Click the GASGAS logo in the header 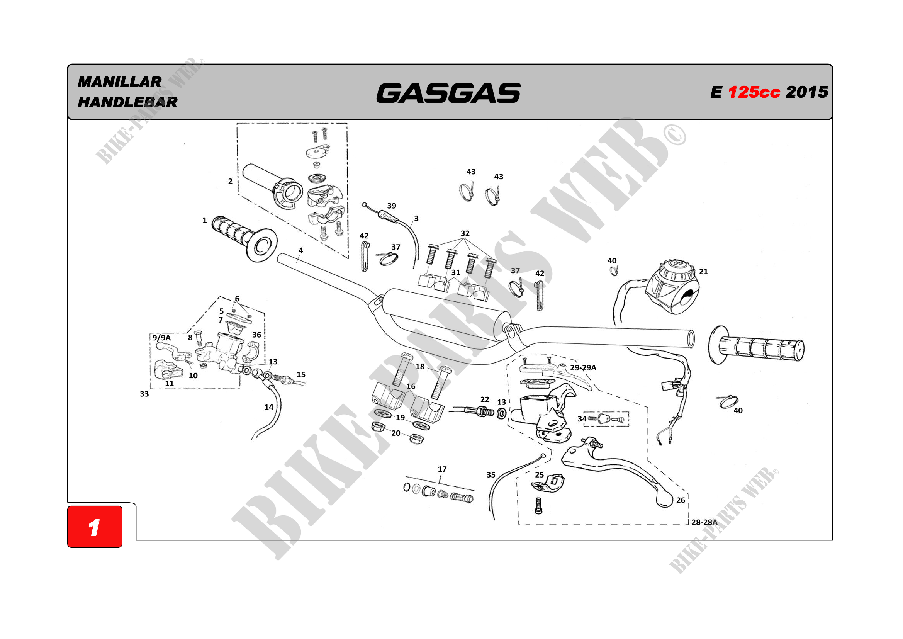[x=448, y=93]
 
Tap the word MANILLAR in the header [x=120, y=82]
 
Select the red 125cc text [x=754, y=92]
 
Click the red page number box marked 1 [x=95, y=527]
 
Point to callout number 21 [x=703, y=272]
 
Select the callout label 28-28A [x=704, y=522]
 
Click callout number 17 [x=442, y=469]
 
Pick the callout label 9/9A [x=162, y=338]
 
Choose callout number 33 [x=144, y=394]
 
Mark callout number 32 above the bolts [x=465, y=233]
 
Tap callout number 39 [x=391, y=206]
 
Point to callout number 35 [x=491, y=475]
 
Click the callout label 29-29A [x=583, y=367]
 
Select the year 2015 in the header [x=807, y=92]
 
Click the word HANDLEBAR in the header [x=127, y=102]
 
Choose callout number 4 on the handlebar [x=301, y=250]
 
